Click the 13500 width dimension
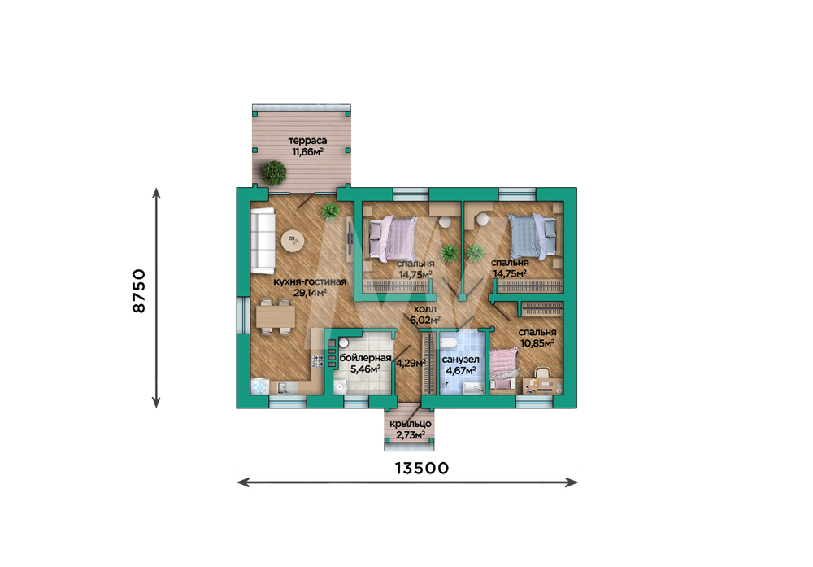click(421, 468)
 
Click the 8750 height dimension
click(140, 290)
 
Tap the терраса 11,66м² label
click(307, 146)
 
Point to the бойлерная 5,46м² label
click(365, 363)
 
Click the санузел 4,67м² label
click(460, 364)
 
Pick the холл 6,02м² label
click(424, 314)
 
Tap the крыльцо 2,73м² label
click(410, 430)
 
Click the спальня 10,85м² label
click(537, 338)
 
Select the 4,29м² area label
click(411, 363)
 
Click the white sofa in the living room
click(263, 240)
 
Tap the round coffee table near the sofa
click(293, 240)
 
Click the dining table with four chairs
click(276, 316)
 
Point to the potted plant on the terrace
click(274, 172)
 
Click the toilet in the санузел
click(447, 342)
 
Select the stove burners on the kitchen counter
click(317, 360)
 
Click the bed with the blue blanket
click(533, 237)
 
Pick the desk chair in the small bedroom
click(542, 373)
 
